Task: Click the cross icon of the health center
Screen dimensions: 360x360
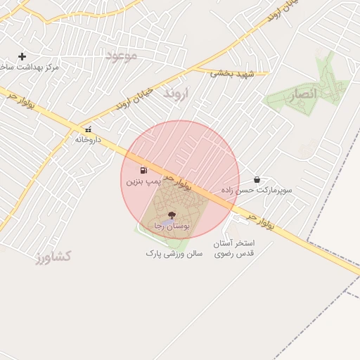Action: pos(22,56)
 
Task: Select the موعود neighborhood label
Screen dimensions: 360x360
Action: pos(121,55)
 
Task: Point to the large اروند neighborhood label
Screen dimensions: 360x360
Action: pos(176,94)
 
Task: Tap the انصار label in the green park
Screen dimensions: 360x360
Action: pos(303,94)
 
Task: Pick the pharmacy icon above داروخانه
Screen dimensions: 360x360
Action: pos(88,130)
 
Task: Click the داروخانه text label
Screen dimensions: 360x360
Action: pos(88,140)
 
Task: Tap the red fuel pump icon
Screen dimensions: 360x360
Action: pos(143,170)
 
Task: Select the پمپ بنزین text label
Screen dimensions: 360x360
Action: pos(143,181)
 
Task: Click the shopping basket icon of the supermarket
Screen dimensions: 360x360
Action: pos(256,180)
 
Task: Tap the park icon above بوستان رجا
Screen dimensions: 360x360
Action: pos(172,214)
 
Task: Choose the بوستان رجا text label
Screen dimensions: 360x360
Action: pos(172,226)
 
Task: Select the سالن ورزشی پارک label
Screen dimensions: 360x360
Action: pos(174,252)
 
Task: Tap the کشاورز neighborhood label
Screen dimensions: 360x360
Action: pos(53,257)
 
